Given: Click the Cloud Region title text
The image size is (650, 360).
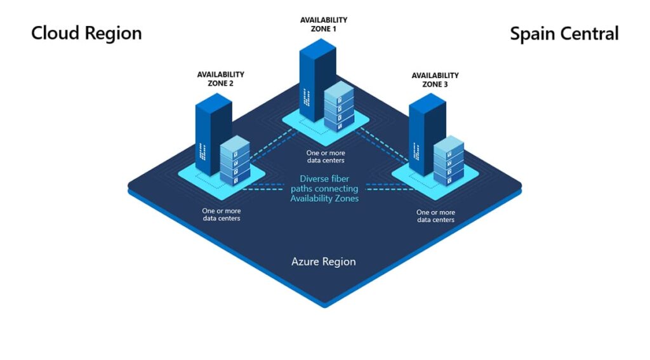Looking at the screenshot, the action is pyautogui.click(x=86, y=33).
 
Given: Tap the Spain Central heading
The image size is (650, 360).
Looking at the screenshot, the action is pyautogui.click(x=564, y=34).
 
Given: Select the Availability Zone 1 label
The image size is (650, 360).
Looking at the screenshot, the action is pyautogui.click(x=324, y=25).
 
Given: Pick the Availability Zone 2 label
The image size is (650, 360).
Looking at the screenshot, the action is pyautogui.click(x=220, y=79).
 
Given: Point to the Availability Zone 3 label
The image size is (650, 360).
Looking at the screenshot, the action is pyautogui.click(x=435, y=79).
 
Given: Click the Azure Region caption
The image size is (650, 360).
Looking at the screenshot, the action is pyautogui.click(x=323, y=262).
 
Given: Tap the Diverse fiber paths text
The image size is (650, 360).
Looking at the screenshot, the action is pyautogui.click(x=324, y=189).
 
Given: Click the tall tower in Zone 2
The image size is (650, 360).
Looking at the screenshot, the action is pyautogui.click(x=213, y=134).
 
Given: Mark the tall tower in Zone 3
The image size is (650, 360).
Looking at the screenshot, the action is pyautogui.click(x=427, y=134).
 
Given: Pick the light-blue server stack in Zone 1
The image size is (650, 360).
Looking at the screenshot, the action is pyautogui.click(x=339, y=106).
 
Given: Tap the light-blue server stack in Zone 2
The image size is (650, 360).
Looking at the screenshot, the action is pyautogui.click(x=235, y=161).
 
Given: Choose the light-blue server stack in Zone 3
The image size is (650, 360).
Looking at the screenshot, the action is pyautogui.click(x=449, y=161).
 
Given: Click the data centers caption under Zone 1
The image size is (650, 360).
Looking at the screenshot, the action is pyautogui.click(x=326, y=157).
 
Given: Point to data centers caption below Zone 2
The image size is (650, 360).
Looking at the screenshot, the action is pyautogui.click(x=222, y=215).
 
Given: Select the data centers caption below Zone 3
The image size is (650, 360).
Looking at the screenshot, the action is pyautogui.click(x=435, y=216).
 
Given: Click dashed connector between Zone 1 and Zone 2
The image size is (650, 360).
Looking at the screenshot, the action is pyautogui.click(x=273, y=145).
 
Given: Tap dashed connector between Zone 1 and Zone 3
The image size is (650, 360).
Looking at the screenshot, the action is pyautogui.click(x=383, y=145).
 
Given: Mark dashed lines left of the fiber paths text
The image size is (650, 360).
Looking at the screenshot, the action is pyautogui.click(x=263, y=187).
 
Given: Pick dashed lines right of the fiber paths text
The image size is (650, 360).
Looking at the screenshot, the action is pyautogui.click(x=390, y=187).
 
